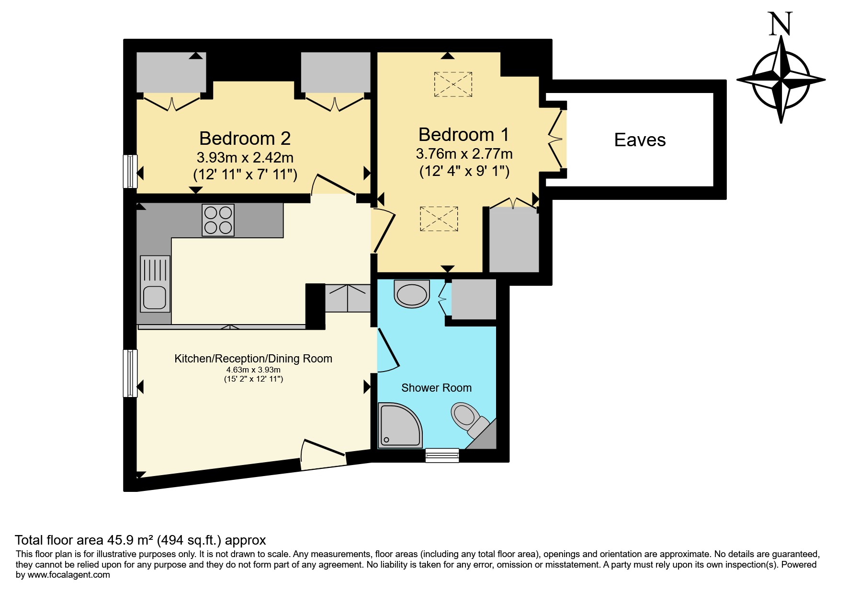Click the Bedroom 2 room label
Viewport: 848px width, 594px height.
tap(245, 139)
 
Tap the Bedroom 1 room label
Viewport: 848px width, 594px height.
tap(464, 135)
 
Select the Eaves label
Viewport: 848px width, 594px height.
tap(640, 140)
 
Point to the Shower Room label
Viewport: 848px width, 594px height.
tap(436, 388)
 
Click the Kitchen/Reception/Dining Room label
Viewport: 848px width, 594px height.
tap(253, 359)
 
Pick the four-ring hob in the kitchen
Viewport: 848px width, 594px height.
tap(218, 220)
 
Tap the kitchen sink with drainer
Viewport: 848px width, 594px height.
tap(155, 284)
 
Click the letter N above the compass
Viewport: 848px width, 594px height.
tap(780, 24)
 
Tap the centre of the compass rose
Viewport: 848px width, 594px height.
tap(781, 79)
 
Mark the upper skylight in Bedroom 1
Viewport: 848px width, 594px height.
tap(453, 84)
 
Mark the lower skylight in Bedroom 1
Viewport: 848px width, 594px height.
tap(439, 219)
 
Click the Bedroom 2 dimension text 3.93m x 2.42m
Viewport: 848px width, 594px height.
tap(245, 158)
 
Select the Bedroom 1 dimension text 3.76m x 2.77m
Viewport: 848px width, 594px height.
tap(464, 154)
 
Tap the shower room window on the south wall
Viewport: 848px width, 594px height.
tap(442, 455)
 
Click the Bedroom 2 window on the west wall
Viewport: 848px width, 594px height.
tap(130, 171)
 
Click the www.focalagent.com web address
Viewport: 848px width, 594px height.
tap(69, 575)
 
